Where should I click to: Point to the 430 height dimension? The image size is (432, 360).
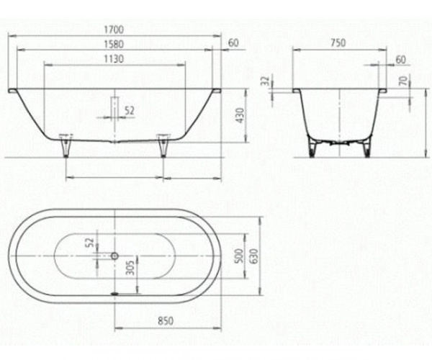click(x=242, y=115)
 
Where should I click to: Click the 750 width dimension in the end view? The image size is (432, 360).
click(x=338, y=43)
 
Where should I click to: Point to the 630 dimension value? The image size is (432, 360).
click(x=253, y=256)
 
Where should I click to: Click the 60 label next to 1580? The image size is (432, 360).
click(x=233, y=44)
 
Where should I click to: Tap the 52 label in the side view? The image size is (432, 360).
click(x=130, y=110)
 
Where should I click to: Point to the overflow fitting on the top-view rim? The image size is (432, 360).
click(x=114, y=293)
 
